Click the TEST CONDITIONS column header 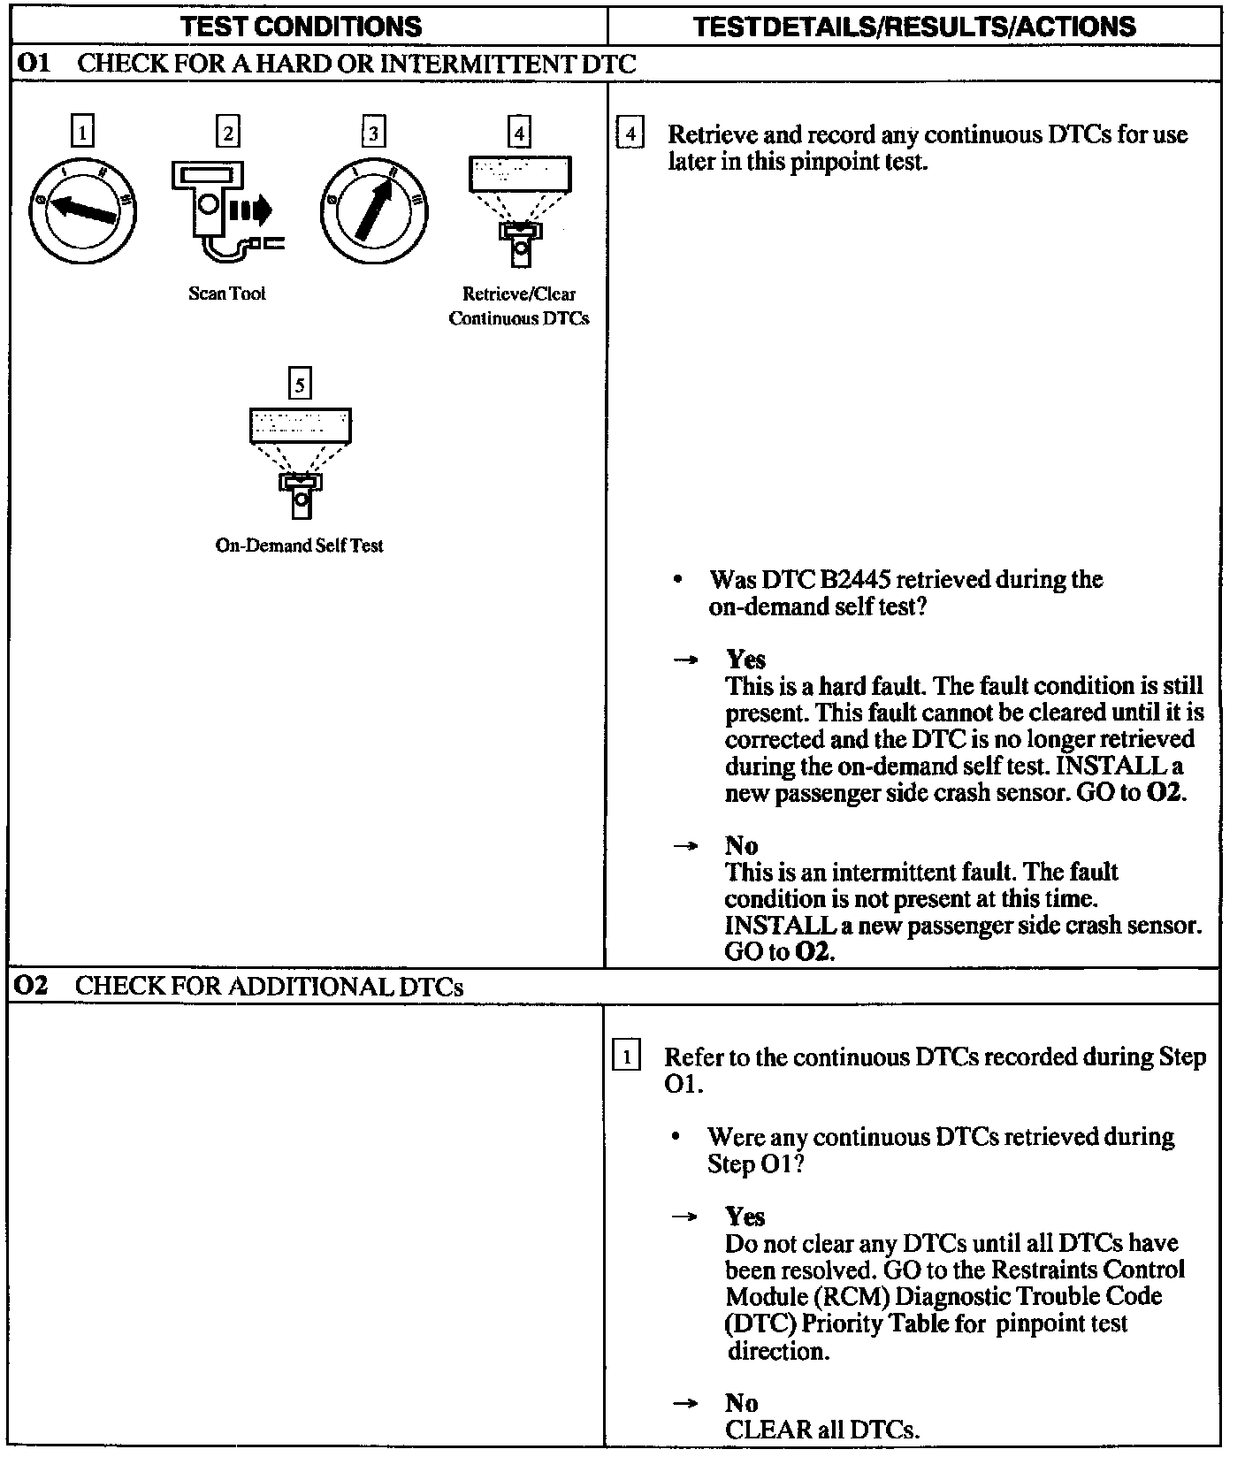(302, 27)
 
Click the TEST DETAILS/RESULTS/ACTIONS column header (914, 27)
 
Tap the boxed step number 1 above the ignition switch (82, 133)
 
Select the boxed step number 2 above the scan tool (228, 133)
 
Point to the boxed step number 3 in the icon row (374, 133)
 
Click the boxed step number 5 (301, 385)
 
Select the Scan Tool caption (227, 294)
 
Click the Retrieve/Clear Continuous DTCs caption (519, 306)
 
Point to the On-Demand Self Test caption (300, 545)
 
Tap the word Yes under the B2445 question (746, 660)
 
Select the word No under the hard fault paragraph (742, 845)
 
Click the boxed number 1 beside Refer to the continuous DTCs (627, 1057)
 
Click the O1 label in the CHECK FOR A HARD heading (34, 64)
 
